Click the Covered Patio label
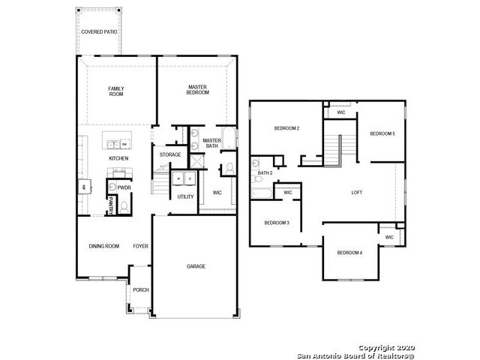(x=99, y=31)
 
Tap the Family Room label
(x=116, y=91)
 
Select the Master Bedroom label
(x=198, y=90)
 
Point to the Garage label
(x=196, y=266)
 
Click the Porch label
(x=141, y=289)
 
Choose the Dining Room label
(x=104, y=246)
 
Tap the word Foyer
(x=140, y=246)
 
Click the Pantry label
(x=111, y=205)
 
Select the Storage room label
(x=170, y=155)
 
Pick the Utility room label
(x=185, y=196)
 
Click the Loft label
(x=357, y=193)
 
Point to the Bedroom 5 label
(x=382, y=133)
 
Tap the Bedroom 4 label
(x=349, y=253)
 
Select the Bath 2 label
(x=265, y=173)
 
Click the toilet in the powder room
(x=124, y=207)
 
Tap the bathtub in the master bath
(x=229, y=138)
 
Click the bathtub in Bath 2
(x=262, y=193)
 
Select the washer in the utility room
(x=178, y=178)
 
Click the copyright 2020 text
(x=387, y=348)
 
